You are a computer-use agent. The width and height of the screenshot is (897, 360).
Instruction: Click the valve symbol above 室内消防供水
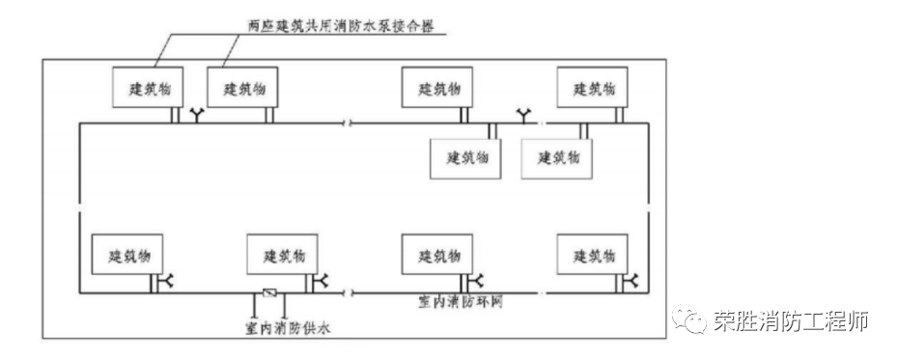[x=269, y=292]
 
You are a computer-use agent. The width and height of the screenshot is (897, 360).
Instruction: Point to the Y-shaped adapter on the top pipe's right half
[x=527, y=116]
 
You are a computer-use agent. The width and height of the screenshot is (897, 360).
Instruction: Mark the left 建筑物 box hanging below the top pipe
[x=466, y=156]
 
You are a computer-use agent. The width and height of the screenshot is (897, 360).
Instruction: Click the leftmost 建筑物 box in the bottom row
[x=126, y=256]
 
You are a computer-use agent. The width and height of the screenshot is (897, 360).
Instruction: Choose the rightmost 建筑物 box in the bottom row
[x=592, y=256]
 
